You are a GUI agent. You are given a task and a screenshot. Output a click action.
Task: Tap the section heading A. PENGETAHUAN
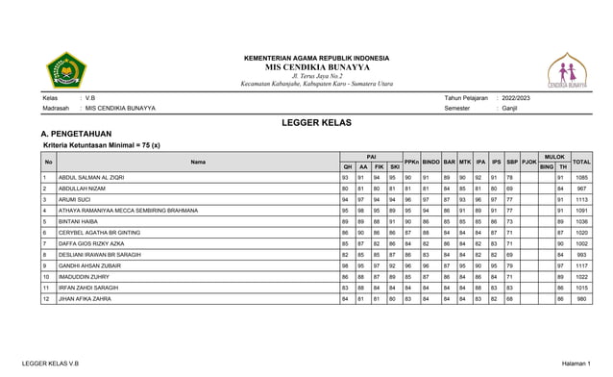[77, 135]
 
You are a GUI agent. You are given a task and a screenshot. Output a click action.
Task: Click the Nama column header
[198, 162]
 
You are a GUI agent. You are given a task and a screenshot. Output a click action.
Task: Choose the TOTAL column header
[581, 162]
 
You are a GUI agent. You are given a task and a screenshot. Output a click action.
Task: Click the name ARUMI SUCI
[76, 199]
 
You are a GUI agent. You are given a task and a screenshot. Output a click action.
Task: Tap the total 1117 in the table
[581, 265]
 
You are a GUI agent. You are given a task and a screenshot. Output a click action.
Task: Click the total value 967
[582, 188]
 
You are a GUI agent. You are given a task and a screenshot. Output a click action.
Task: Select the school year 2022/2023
[515, 98]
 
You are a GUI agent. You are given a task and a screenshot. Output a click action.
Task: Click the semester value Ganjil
[506, 108]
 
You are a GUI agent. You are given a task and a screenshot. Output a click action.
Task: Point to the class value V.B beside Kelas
[90, 98]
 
